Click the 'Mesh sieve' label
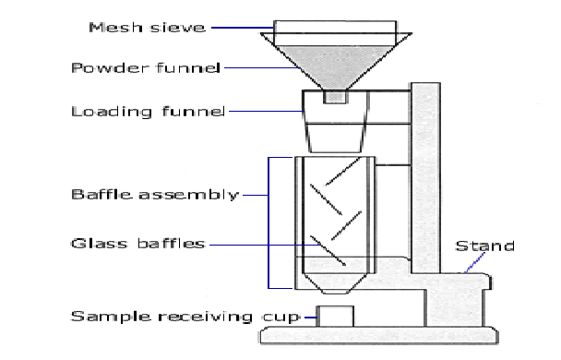(147, 28)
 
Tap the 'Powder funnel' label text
(146, 67)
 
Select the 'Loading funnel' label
(149, 112)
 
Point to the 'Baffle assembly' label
(155, 195)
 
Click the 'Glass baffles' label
(138, 244)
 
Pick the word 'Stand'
(484, 246)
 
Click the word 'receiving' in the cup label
(205, 317)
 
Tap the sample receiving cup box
(335, 317)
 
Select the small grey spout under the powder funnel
(335, 97)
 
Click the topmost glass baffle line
(342, 172)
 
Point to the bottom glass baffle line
(328, 250)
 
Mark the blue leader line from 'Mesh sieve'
(243, 28)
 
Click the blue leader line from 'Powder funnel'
(261, 67)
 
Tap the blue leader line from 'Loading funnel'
(267, 112)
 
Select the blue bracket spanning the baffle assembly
(269, 222)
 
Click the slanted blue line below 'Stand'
(475, 263)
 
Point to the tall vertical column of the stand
(425, 178)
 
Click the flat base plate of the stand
(379, 335)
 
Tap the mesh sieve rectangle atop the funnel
(335, 27)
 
